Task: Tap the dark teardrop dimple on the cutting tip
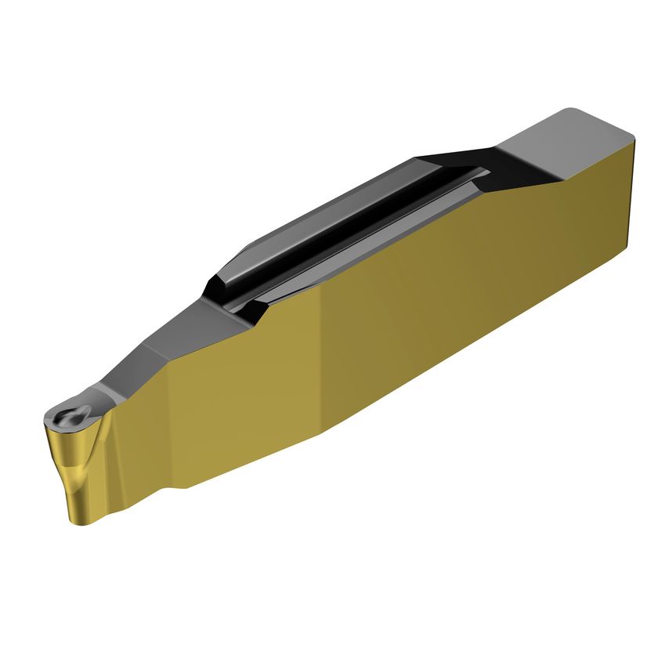click(70, 416)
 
